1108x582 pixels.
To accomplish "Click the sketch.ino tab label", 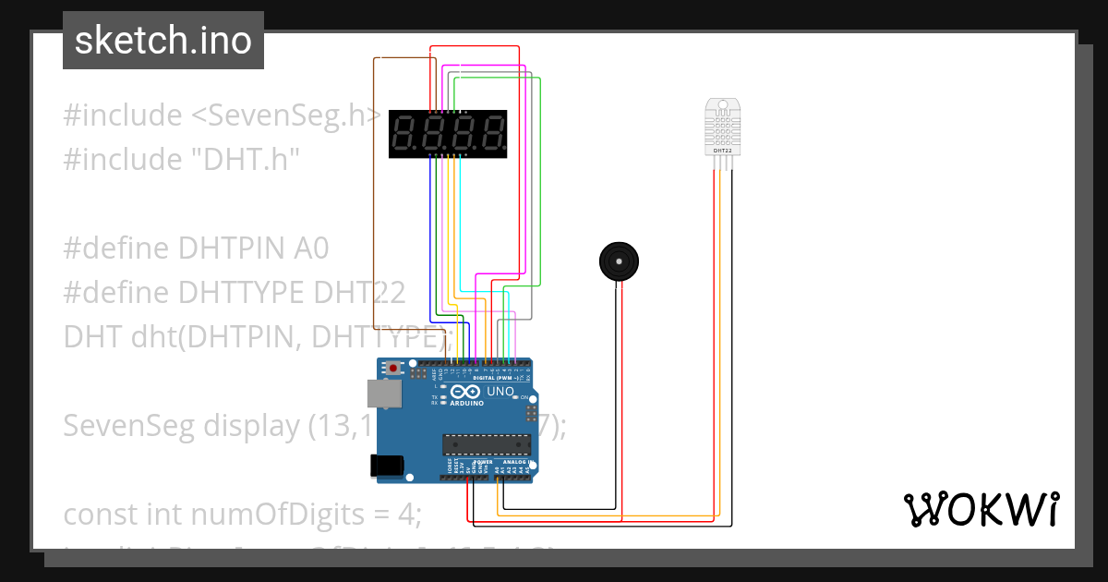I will pyautogui.click(x=163, y=41).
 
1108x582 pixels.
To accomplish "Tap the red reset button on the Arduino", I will pyautogui.click(x=394, y=368).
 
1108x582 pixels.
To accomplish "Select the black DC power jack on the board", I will pyautogui.click(x=387, y=466).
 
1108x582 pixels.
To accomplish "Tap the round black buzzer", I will pyautogui.click(x=618, y=261).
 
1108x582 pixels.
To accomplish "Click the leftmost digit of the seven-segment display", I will pyautogui.click(x=404, y=133).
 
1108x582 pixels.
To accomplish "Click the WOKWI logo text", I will pyautogui.click(x=981, y=510).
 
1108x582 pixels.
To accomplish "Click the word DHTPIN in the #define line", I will pyautogui.click(x=233, y=249).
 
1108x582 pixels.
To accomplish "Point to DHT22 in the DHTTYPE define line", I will pyautogui.click(x=359, y=292).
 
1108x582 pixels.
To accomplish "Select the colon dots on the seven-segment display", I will pyautogui.click(x=449, y=133).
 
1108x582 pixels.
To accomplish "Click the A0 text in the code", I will pyautogui.click(x=311, y=249).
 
